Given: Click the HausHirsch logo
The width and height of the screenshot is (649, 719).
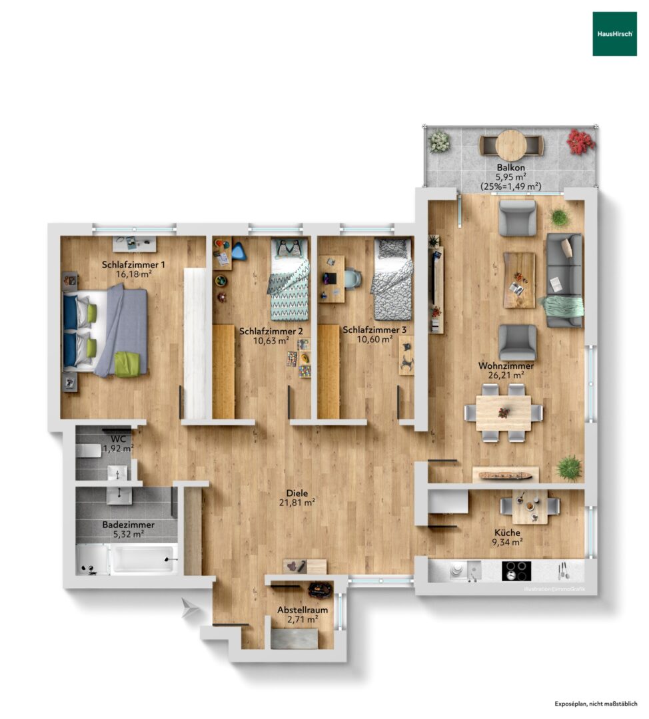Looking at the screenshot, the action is click(614, 34).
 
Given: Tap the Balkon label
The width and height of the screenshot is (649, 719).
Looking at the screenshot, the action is click(510, 168).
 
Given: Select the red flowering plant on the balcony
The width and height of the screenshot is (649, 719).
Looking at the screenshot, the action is click(580, 141).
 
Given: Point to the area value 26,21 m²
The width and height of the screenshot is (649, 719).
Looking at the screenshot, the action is click(506, 375).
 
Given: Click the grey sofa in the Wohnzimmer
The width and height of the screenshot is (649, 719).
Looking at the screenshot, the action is click(564, 280).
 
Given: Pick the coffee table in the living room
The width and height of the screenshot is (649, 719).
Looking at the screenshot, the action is click(519, 280).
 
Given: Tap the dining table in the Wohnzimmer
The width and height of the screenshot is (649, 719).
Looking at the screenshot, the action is click(504, 413).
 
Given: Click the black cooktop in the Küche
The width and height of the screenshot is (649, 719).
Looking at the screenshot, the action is click(516, 571).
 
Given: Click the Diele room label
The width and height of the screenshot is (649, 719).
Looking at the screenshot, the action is click(297, 493).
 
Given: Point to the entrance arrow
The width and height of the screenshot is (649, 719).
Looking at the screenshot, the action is click(190, 608).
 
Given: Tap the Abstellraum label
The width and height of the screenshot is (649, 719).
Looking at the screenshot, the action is click(303, 610).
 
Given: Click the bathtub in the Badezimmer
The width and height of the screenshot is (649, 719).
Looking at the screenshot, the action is click(144, 559).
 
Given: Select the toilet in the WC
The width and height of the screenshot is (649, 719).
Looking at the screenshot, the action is click(89, 451).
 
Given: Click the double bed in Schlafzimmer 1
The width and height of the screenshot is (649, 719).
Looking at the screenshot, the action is click(105, 330).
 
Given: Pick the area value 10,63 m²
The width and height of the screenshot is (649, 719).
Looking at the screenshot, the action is click(271, 340).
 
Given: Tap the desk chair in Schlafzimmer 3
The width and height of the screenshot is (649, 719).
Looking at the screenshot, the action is click(352, 279).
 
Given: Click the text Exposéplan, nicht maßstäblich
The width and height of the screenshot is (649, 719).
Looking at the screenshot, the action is click(596, 704).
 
